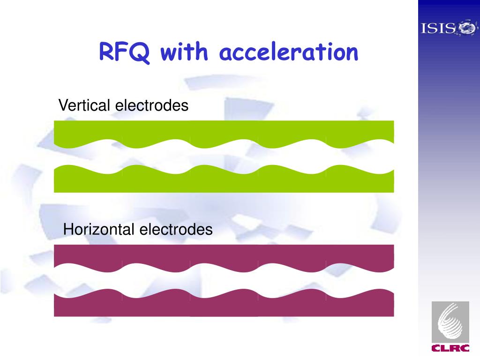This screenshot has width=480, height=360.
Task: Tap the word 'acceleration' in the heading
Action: point(289,52)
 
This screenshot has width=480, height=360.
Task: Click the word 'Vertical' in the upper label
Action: point(84,106)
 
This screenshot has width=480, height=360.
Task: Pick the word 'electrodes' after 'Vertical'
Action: point(152,106)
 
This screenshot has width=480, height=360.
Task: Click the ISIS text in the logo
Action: point(438,29)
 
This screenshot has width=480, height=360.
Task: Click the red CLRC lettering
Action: point(450,348)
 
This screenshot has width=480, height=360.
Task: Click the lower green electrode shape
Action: point(224,183)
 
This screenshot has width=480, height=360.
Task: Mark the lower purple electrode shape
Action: point(224,307)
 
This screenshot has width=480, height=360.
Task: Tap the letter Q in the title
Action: point(141,53)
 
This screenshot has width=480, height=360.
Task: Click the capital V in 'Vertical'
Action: point(63,106)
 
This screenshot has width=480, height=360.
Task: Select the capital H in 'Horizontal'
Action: point(68,230)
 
